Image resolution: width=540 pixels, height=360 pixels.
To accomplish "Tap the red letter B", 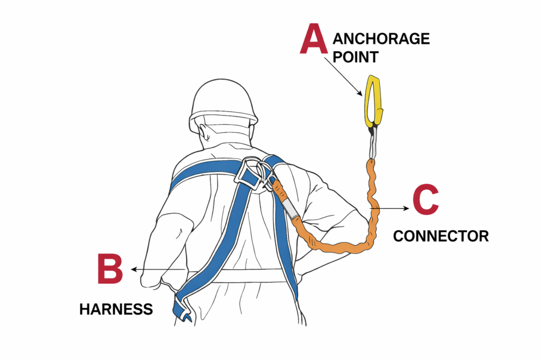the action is (x=110, y=269).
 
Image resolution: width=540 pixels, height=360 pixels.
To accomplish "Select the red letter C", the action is (x=426, y=200).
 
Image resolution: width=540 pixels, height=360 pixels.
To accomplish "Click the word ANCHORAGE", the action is (x=381, y=38).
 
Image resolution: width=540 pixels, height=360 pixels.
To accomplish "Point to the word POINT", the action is (x=356, y=57).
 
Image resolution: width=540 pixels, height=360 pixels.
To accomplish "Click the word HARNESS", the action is (x=116, y=309).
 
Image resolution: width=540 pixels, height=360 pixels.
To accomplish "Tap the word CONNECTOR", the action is (x=441, y=236).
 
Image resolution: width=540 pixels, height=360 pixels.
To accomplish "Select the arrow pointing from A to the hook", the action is (x=343, y=76).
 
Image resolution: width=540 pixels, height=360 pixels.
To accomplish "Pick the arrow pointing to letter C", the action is (x=390, y=208).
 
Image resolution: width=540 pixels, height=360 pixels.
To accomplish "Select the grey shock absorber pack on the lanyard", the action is (x=290, y=207).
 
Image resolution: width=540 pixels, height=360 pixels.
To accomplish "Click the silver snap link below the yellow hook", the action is (x=373, y=142).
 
